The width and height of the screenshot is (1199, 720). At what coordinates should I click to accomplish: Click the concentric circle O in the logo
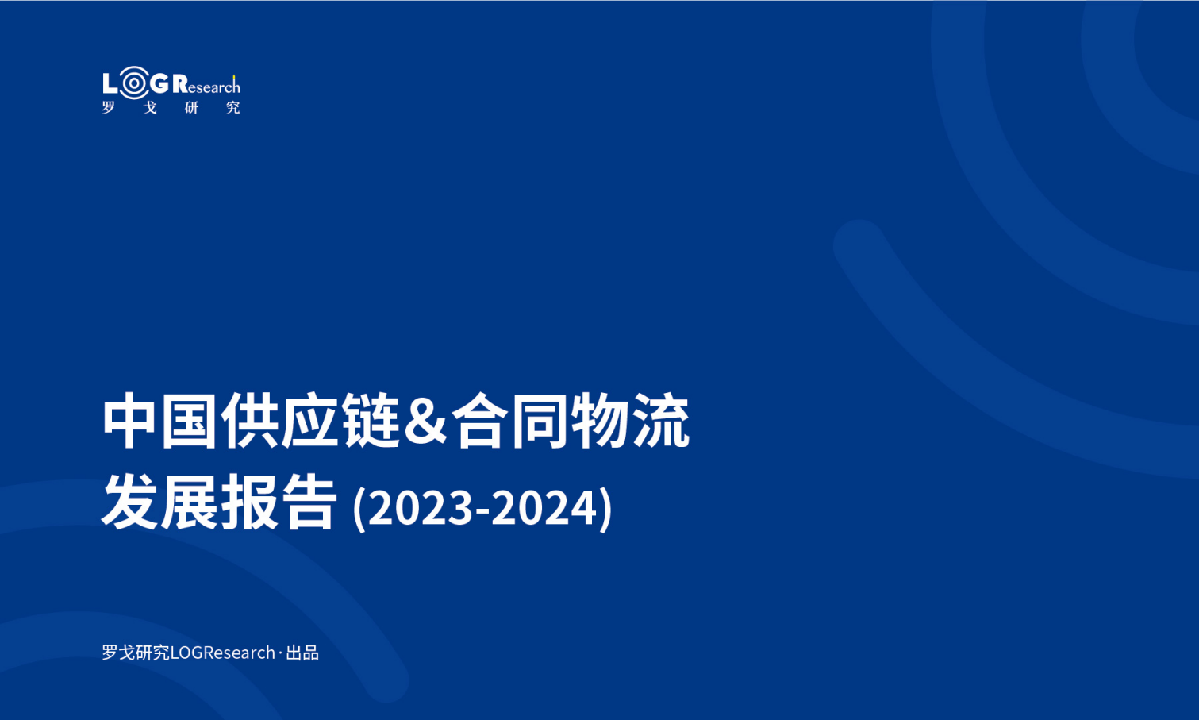[134, 83]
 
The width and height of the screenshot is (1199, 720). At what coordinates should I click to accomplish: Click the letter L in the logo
[110, 84]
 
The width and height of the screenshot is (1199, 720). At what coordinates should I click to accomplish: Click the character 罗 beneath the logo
[109, 108]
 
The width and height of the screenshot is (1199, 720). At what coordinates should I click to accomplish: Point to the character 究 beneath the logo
[232, 108]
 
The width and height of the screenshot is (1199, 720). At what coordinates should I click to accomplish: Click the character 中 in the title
[129, 421]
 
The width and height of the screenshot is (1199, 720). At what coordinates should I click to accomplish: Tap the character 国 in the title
[188, 421]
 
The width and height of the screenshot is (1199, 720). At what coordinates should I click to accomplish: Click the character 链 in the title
[371, 421]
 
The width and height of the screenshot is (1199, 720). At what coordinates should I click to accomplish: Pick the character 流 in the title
[662, 421]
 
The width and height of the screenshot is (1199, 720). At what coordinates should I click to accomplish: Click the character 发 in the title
[129, 502]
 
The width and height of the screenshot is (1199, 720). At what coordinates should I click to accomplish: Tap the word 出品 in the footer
[302, 653]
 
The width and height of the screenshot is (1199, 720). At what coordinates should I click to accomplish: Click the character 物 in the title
[601, 421]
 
